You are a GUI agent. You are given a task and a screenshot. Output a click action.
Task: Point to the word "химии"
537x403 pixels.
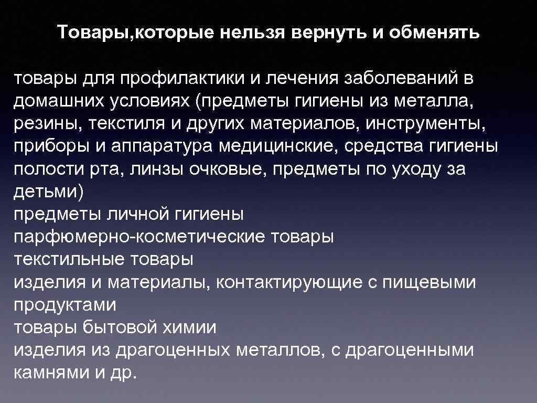pos(194,328)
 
